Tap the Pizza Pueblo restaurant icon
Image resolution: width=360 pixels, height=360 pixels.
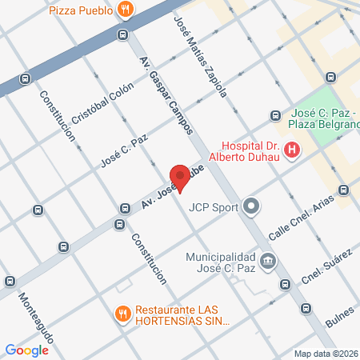(x=126, y=10)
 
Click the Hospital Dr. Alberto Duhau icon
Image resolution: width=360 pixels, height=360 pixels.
(x=292, y=149)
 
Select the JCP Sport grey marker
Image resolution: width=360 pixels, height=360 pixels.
(x=252, y=206)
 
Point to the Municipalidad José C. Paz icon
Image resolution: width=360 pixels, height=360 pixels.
(x=267, y=261)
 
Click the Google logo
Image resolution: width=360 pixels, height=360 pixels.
(x=27, y=350)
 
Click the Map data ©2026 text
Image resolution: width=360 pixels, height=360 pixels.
(x=326, y=353)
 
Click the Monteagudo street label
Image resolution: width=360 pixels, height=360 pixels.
(x=35, y=317)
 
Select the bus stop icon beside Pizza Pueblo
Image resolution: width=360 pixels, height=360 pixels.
(x=122, y=35)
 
